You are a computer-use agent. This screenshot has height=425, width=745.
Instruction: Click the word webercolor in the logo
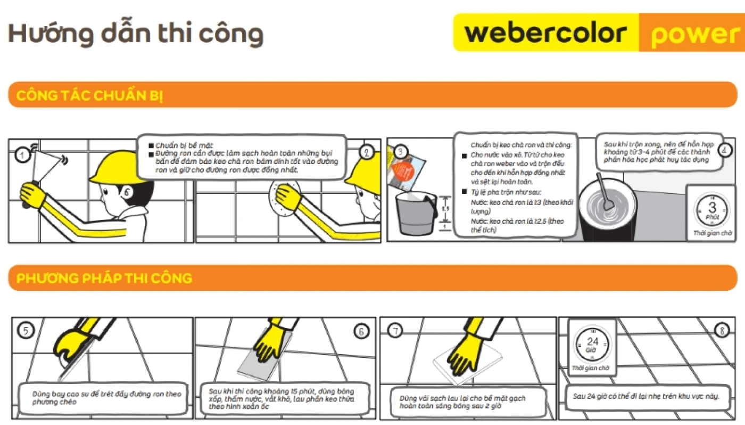[545, 33]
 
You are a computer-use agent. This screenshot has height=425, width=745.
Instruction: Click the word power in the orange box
[694, 34]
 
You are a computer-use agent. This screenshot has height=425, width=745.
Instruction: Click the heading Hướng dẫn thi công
[136, 34]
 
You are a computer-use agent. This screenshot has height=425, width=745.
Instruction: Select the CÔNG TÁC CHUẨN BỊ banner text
[89, 96]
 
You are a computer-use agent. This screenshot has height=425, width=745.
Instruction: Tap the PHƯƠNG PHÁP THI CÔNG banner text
[104, 279]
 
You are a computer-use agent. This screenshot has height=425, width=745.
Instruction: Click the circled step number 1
[22, 155]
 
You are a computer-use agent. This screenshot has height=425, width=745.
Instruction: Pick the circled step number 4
[725, 150]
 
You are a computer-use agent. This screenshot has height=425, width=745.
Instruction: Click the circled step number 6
[361, 331]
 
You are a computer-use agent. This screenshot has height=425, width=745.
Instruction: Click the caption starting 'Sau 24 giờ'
[646, 396]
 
